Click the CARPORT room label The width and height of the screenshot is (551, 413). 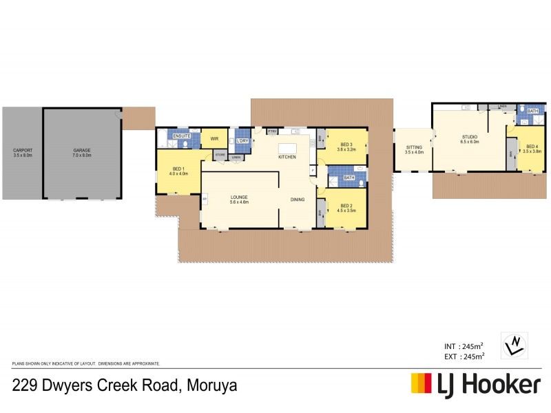pyautogui.click(x=23, y=150)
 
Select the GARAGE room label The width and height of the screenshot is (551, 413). pyautogui.click(x=83, y=150)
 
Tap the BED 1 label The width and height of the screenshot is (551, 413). pyautogui.click(x=178, y=169)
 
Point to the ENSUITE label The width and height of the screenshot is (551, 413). pyautogui.click(x=182, y=136)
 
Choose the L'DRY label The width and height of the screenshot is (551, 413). pyautogui.click(x=242, y=140)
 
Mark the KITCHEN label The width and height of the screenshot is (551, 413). pyautogui.click(x=287, y=158)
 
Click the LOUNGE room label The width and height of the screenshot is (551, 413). pyautogui.click(x=239, y=198)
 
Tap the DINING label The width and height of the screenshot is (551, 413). pyautogui.click(x=298, y=200)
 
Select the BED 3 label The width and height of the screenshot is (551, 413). pyautogui.click(x=346, y=146)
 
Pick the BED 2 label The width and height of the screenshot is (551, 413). pyautogui.click(x=346, y=207)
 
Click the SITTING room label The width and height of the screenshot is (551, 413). pyautogui.click(x=414, y=147)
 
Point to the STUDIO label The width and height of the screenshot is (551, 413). pyautogui.click(x=470, y=136)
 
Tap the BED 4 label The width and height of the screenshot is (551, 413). pyautogui.click(x=532, y=146)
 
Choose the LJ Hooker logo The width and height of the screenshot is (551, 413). pyautogui.click(x=476, y=385)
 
